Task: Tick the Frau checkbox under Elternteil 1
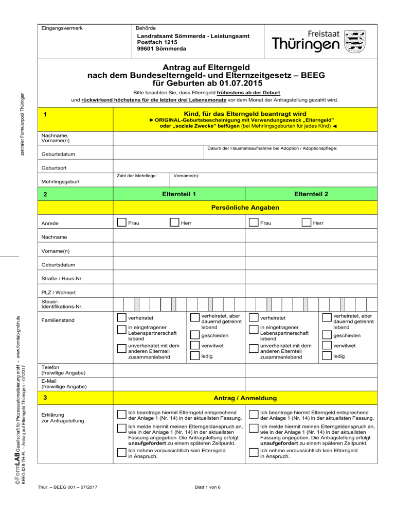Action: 121,223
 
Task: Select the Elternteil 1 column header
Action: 178,195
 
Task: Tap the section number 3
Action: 46,398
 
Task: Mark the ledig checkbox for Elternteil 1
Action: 194,356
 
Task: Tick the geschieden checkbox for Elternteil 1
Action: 194,335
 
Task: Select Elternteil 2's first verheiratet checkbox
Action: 253,318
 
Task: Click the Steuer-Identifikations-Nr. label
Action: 59,303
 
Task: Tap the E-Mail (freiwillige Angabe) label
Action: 64,383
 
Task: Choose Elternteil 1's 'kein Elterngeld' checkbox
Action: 121,452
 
